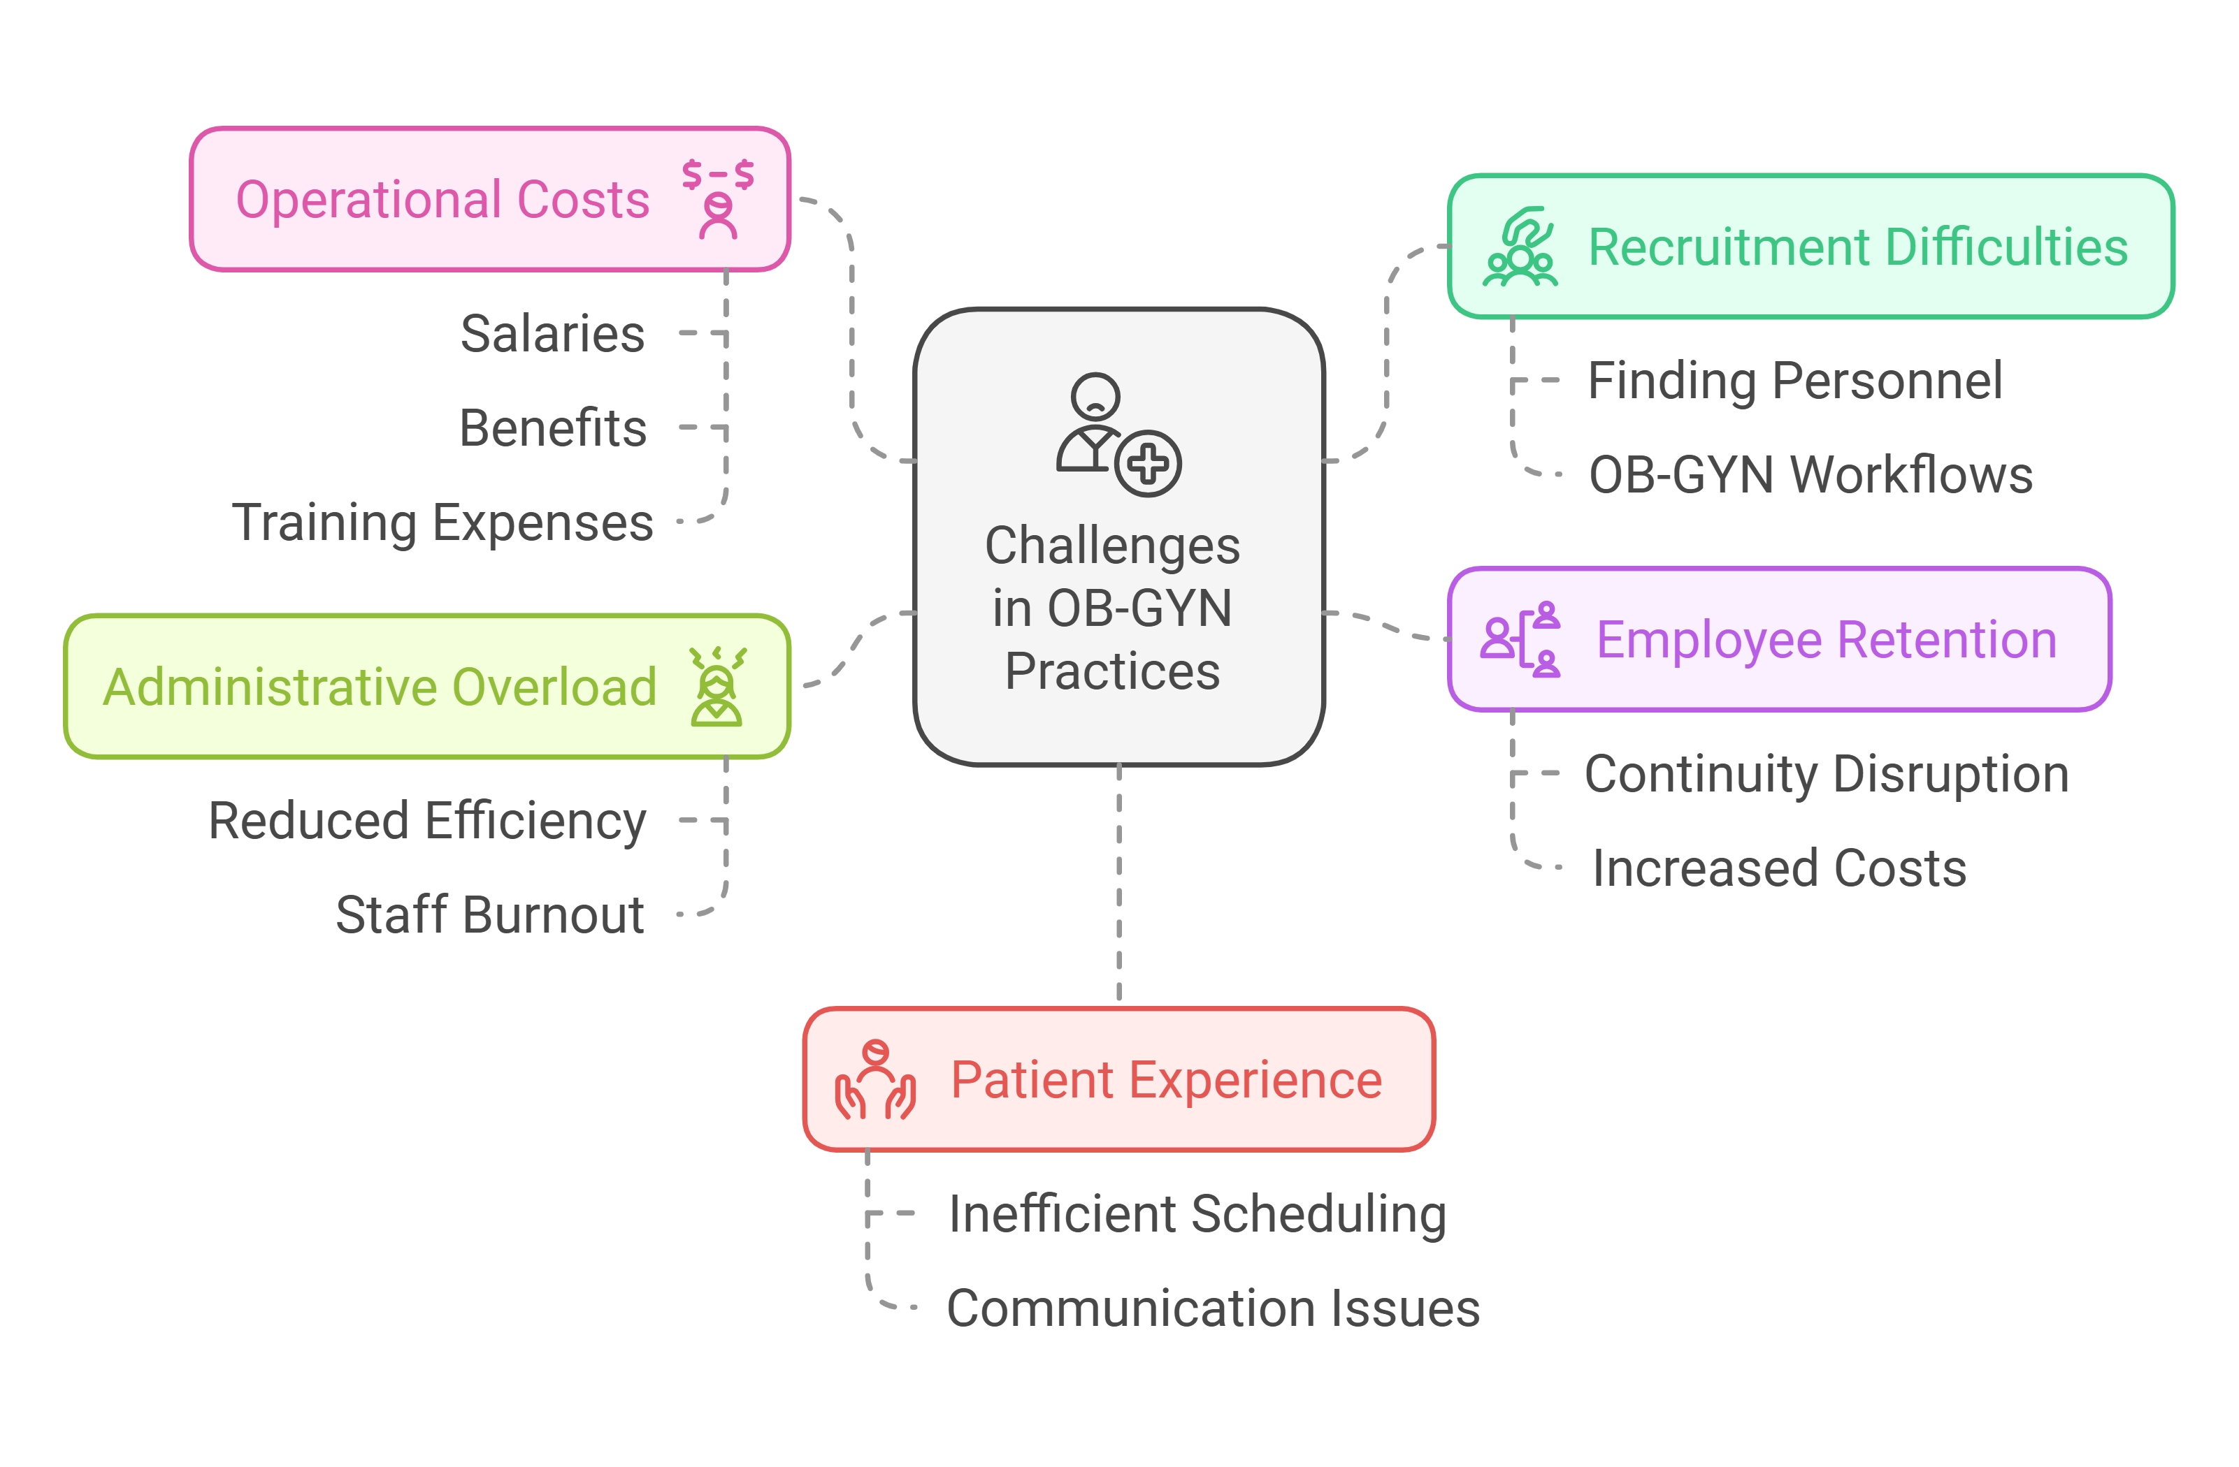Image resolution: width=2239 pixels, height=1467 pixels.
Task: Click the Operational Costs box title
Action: click(442, 200)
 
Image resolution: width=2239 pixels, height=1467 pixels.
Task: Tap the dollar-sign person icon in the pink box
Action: click(718, 199)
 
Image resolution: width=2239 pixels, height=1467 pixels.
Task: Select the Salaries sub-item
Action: click(552, 334)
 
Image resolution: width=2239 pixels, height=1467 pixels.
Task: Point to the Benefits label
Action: click(552, 428)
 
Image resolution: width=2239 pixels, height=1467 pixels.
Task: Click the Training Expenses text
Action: click(442, 523)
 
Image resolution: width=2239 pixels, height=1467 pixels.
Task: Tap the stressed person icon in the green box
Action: click(717, 687)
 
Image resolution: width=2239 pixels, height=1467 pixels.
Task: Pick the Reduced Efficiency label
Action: click(427, 821)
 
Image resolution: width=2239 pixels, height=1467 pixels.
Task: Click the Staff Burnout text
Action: click(489, 915)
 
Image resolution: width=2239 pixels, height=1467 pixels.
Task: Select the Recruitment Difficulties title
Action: click(1857, 247)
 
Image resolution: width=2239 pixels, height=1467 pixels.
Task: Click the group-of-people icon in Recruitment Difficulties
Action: click(1520, 247)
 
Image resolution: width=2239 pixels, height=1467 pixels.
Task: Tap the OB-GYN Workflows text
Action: click(1810, 475)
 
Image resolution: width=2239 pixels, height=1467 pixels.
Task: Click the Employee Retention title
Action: click(1826, 641)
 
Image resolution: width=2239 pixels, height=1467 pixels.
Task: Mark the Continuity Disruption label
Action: click(1826, 774)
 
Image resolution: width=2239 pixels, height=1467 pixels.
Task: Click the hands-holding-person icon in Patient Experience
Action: click(875, 1081)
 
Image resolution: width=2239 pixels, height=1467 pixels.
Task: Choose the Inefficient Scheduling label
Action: click(1197, 1214)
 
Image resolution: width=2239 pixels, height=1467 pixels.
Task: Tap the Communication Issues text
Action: click(1213, 1308)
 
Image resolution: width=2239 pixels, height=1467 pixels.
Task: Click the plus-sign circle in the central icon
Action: click(1148, 464)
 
